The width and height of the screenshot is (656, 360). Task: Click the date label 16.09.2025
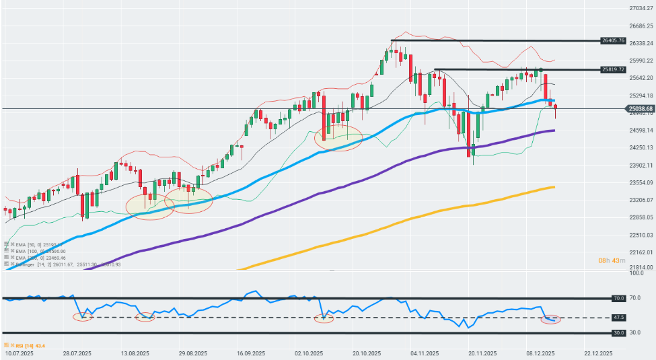(x=249, y=353)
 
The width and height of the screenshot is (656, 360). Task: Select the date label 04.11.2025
(x=425, y=353)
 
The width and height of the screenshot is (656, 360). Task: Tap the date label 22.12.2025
(x=598, y=353)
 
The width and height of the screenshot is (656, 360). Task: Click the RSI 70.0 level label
(x=617, y=298)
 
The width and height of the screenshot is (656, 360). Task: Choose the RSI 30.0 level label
(x=617, y=332)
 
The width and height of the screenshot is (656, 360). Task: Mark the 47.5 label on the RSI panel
(x=617, y=318)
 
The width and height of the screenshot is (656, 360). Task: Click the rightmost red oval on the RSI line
(x=550, y=319)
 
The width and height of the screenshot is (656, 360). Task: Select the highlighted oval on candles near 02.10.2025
(x=338, y=137)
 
